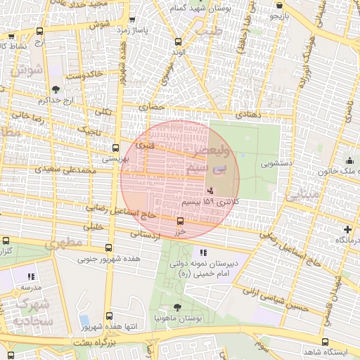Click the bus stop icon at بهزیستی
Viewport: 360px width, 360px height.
pos(115,148)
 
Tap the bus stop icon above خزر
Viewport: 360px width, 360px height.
pos(180,221)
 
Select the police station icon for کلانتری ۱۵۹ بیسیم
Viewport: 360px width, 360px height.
pos(210,191)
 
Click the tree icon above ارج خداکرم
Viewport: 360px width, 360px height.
pos(56,89)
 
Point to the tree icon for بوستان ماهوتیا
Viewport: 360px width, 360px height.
pos(176,307)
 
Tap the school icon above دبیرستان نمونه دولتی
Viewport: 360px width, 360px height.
pos(203,252)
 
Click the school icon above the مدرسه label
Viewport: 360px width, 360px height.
pos(30,277)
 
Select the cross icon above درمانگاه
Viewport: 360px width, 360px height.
pos(347,229)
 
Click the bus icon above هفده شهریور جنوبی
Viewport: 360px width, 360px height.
pos(108,248)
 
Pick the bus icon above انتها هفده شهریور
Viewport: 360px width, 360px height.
pos(108,316)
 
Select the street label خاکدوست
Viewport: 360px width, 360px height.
pos(84,73)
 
